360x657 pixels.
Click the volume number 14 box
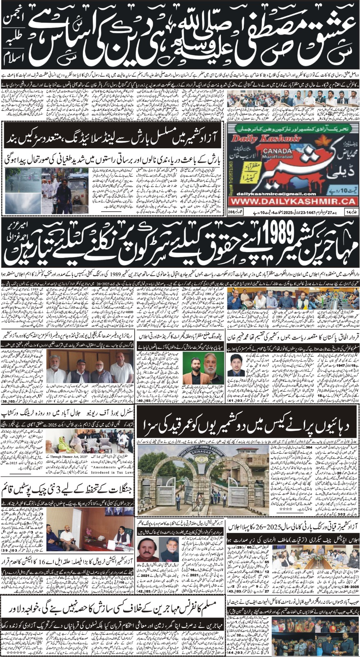click(349, 212)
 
